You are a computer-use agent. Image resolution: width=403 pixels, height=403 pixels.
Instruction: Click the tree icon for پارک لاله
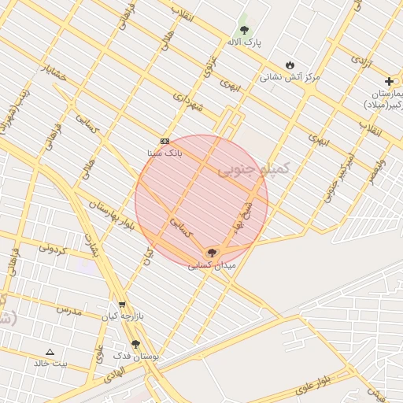(x=244, y=30)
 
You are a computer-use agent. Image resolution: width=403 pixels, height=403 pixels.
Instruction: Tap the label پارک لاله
(x=244, y=41)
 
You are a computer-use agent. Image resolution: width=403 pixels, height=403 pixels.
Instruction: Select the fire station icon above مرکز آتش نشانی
(x=290, y=65)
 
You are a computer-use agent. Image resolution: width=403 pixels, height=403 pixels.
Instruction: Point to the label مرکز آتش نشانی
(x=290, y=77)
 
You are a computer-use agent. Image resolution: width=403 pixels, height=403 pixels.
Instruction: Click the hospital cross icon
(x=389, y=81)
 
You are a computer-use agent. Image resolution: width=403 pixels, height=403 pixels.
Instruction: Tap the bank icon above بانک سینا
(x=165, y=141)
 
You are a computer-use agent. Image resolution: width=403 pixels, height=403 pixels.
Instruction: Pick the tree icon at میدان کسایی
(x=211, y=253)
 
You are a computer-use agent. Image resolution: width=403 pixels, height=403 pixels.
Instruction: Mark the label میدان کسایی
(x=211, y=265)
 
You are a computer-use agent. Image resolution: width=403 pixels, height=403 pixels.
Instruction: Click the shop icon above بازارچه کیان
(x=121, y=305)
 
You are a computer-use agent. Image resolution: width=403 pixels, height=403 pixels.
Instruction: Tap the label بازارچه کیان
(x=120, y=316)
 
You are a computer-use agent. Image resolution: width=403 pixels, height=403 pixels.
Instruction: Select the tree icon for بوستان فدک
(x=135, y=344)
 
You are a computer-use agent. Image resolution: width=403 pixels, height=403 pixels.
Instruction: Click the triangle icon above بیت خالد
(x=50, y=352)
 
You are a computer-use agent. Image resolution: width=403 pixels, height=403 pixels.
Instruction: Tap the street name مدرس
(x=68, y=309)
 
